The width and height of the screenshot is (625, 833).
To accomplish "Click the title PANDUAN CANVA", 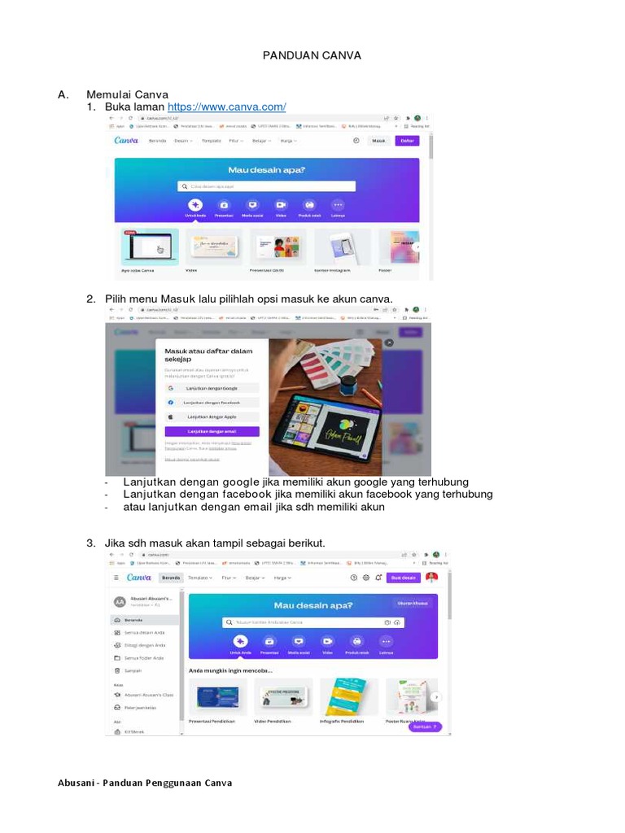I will tap(312, 55).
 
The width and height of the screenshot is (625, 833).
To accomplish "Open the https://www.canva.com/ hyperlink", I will tap(226, 107).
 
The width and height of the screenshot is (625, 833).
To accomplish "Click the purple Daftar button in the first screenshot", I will tap(407, 141).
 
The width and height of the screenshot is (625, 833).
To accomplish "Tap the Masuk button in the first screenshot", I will tap(378, 141).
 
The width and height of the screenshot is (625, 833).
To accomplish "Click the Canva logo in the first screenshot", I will tap(126, 141).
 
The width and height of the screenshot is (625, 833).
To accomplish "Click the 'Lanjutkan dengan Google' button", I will tap(212, 389).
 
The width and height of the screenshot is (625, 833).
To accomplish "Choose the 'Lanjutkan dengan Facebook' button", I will tap(212, 403).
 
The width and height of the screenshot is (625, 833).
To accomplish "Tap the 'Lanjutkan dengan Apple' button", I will tap(212, 416).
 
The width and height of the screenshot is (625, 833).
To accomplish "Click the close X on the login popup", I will tap(389, 342).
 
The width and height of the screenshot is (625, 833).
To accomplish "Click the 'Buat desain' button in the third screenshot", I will tap(403, 578).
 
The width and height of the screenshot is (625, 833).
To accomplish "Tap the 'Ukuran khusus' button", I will tap(411, 604).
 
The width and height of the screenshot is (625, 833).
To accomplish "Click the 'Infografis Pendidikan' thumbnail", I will tap(343, 696).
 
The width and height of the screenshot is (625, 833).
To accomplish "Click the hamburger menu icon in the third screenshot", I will tap(116, 578).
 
